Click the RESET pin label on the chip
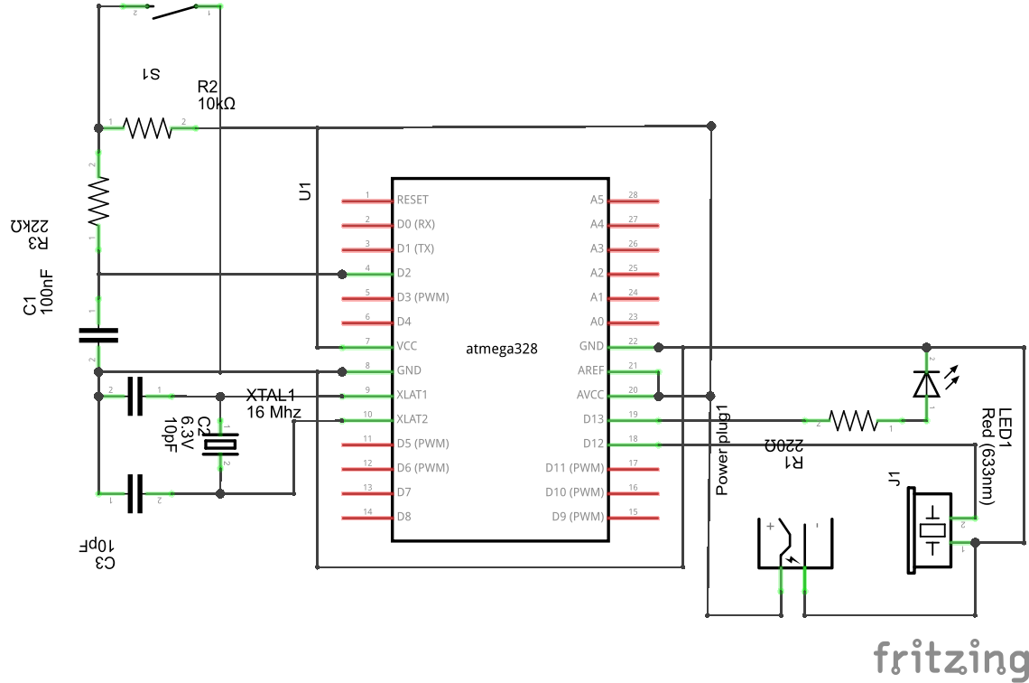(x=413, y=200)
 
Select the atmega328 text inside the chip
(x=502, y=348)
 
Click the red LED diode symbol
(x=925, y=383)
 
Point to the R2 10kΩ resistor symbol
(x=148, y=128)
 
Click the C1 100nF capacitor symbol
(x=98, y=335)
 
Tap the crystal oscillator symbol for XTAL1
(x=220, y=444)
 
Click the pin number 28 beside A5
(x=633, y=195)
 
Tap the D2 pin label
(x=404, y=273)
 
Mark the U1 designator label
(x=305, y=192)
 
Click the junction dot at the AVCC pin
(x=659, y=396)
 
